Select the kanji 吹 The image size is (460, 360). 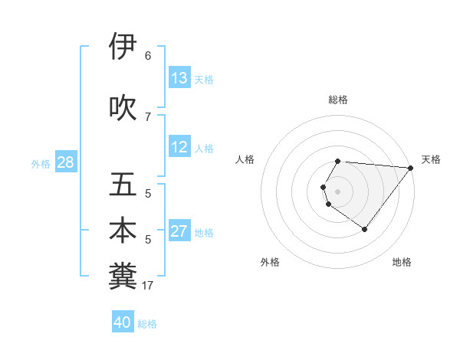[123, 107]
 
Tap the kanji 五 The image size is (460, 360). [123, 185]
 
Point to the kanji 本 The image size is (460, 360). [123, 231]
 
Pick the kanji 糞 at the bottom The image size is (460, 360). [123, 276]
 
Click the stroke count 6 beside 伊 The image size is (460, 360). [148, 55]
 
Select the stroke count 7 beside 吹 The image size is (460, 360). [148, 116]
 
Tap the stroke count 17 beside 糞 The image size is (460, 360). [148, 286]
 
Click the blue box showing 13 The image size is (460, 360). [179, 78]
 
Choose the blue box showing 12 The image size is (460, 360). [179, 148]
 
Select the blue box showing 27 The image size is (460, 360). [179, 232]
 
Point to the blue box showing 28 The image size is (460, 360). [64, 162]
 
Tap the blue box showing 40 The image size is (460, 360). [123, 322]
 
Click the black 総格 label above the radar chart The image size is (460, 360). [338, 100]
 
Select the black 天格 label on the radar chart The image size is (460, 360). [431, 159]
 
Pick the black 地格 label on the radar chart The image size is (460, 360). [402, 262]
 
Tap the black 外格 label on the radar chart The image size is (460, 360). [270, 262]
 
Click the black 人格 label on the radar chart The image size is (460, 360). [245, 159]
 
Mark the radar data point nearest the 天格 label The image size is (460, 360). [411, 168]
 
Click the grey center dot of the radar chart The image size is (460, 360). [338, 191]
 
